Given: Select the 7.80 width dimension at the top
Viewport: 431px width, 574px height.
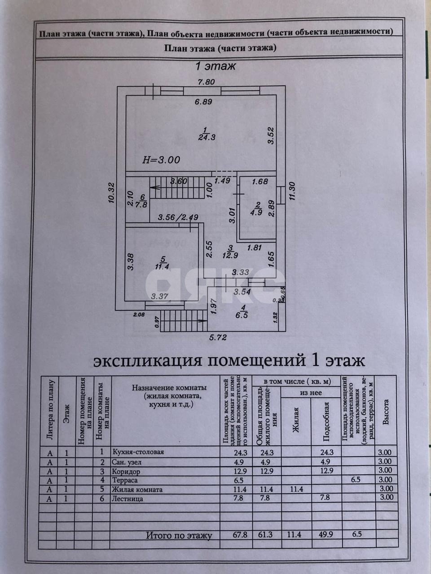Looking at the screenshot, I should [x=208, y=82].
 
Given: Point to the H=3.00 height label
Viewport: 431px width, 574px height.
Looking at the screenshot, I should [x=161, y=159].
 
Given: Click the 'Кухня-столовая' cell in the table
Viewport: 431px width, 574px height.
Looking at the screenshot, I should [x=138, y=452].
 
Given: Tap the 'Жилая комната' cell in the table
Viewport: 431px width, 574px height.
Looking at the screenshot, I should [x=137, y=489].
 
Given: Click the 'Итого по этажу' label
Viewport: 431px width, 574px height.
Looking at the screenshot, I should [x=179, y=535].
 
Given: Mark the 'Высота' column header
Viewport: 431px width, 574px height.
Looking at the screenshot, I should [x=386, y=411].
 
